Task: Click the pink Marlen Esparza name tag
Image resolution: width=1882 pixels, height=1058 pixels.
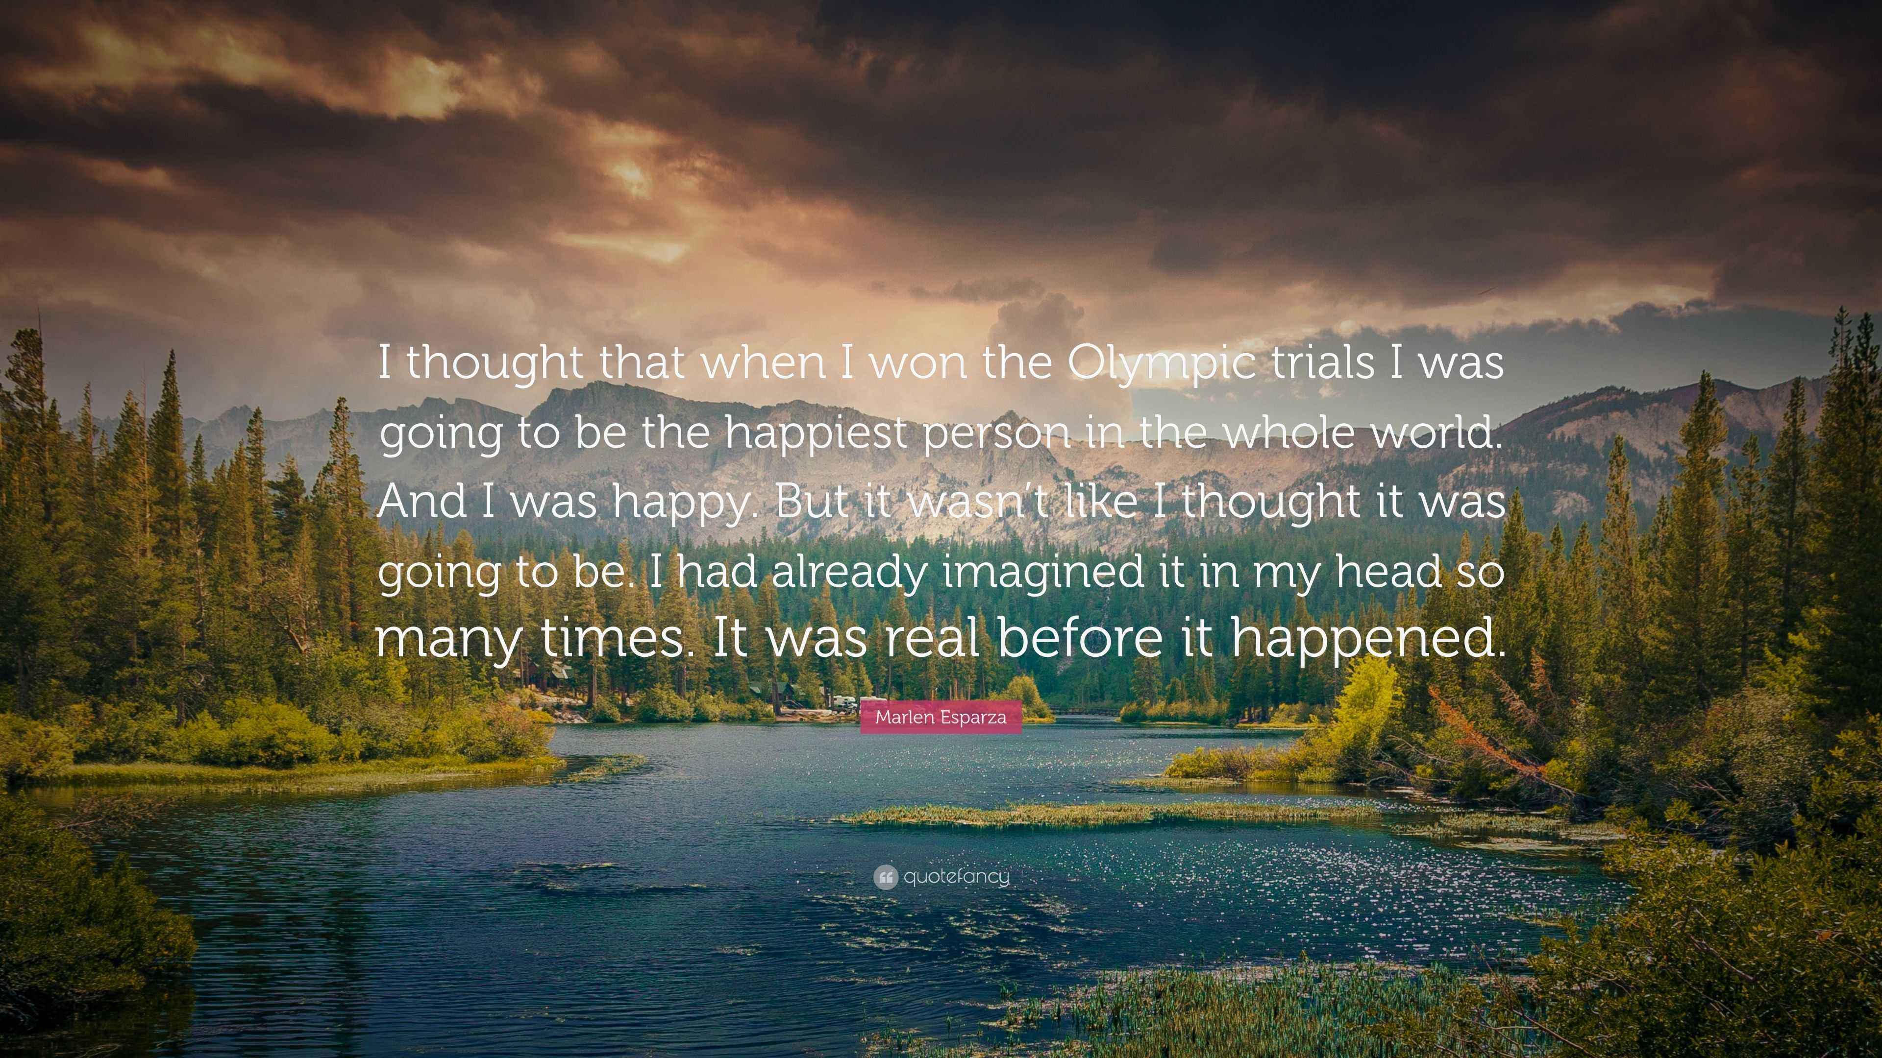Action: pyautogui.click(x=941, y=717)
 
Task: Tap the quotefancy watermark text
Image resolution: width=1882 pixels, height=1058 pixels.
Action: pyautogui.click(x=956, y=876)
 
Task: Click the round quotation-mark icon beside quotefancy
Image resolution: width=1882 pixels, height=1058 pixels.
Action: pyautogui.click(x=886, y=877)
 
